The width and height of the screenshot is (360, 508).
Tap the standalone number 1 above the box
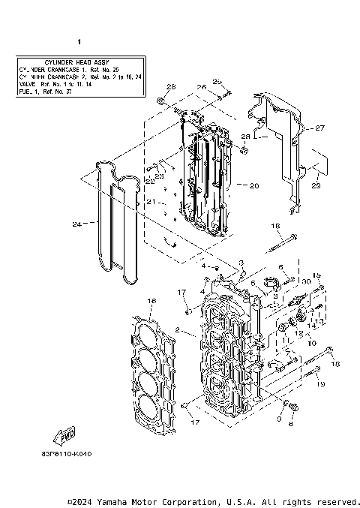point(79,43)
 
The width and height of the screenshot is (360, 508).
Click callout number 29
point(315,185)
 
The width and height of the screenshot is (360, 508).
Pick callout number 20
point(253,185)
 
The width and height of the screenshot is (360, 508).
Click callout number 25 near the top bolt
point(217,81)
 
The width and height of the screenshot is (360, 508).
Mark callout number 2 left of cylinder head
point(177,330)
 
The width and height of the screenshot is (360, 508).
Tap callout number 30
point(307,281)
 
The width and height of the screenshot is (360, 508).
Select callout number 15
point(316,275)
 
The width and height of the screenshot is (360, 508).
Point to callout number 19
point(320,384)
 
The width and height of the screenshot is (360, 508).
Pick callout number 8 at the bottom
point(291,423)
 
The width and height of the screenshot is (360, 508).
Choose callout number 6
point(282,267)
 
